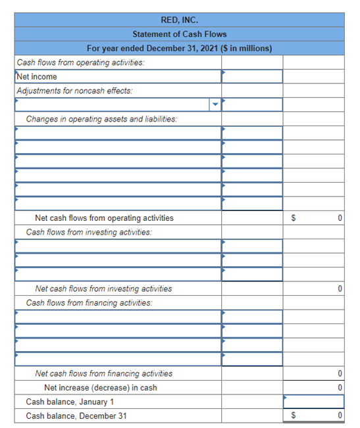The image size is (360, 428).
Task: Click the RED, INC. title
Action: [x=179, y=20]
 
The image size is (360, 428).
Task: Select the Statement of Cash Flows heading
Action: [x=179, y=34]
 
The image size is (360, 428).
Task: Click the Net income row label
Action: [x=37, y=77]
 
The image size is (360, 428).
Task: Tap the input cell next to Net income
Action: [x=252, y=77]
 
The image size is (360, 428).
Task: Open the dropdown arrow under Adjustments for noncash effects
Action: [x=215, y=105]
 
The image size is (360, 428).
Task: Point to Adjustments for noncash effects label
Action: [x=74, y=91]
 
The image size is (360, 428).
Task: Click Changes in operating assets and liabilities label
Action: [x=101, y=119]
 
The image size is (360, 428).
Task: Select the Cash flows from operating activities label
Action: [x=80, y=62]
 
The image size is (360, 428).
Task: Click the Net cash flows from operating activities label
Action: [x=104, y=218]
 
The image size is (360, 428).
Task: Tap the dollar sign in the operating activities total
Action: [x=294, y=218]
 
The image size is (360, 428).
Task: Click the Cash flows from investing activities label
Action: [x=89, y=232]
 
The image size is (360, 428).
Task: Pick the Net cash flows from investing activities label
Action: [x=103, y=289]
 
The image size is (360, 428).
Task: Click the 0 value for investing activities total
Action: [x=339, y=289]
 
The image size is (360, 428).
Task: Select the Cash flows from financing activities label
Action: [x=89, y=303]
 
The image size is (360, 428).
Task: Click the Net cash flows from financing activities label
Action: [x=103, y=373]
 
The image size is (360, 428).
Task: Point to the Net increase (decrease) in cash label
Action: [x=100, y=388]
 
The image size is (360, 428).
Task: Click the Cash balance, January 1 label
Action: [x=70, y=402]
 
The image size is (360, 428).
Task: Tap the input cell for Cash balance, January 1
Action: [x=313, y=402]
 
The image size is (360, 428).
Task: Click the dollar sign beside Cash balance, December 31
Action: [x=294, y=416]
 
